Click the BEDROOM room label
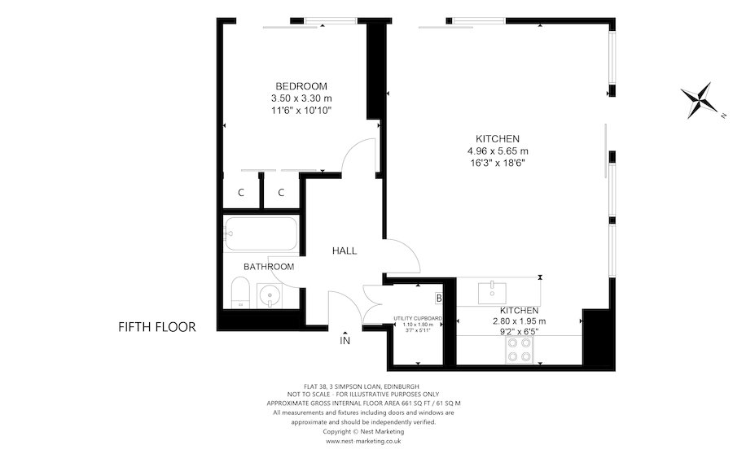pyautogui.click(x=301, y=86)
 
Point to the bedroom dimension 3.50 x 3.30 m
pyautogui.click(x=301, y=98)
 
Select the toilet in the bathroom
pyautogui.click(x=239, y=294)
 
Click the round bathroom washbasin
pyautogui.click(x=269, y=294)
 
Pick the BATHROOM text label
pyautogui.click(x=269, y=266)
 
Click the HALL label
pyautogui.click(x=344, y=251)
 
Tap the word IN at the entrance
pyautogui.click(x=345, y=342)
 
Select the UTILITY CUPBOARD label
pyautogui.click(x=417, y=318)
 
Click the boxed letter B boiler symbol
pyautogui.click(x=438, y=299)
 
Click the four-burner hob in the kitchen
pyautogui.click(x=520, y=349)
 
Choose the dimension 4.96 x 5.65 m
pyautogui.click(x=497, y=150)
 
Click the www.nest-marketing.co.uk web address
pyautogui.click(x=363, y=442)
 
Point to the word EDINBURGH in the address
pyautogui.click(x=399, y=385)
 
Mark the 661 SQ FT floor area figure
pyautogui.click(x=395, y=403)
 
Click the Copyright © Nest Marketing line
pyautogui.click(x=363, y=432)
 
